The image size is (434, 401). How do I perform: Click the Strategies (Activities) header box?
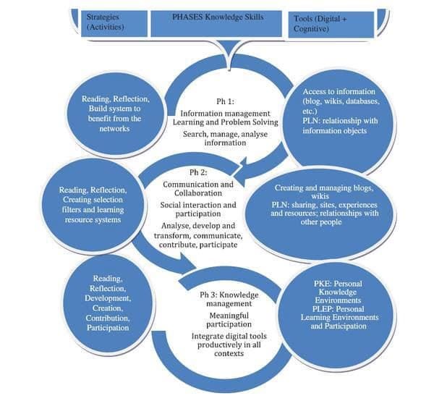114,23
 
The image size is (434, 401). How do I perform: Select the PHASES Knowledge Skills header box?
216,23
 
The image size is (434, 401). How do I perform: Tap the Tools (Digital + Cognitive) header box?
331,25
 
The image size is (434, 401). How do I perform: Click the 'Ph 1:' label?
225,101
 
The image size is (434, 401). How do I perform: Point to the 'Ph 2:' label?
198,172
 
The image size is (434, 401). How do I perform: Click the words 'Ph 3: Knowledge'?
229,295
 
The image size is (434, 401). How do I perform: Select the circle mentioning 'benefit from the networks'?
116,114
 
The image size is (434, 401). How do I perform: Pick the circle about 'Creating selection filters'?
93,205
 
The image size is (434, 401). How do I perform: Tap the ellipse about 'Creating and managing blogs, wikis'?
320,215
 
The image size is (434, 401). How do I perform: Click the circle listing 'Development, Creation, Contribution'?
108,303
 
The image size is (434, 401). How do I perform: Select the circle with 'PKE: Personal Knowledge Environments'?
336,313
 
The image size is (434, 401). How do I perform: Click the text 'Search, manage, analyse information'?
225,138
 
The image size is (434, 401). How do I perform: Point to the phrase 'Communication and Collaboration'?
198,189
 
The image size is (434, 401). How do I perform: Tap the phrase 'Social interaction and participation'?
198,209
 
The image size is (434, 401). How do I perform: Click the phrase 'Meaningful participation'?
229,320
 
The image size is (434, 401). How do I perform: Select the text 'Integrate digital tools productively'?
229,341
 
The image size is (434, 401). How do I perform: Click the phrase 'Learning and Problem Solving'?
225,122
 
